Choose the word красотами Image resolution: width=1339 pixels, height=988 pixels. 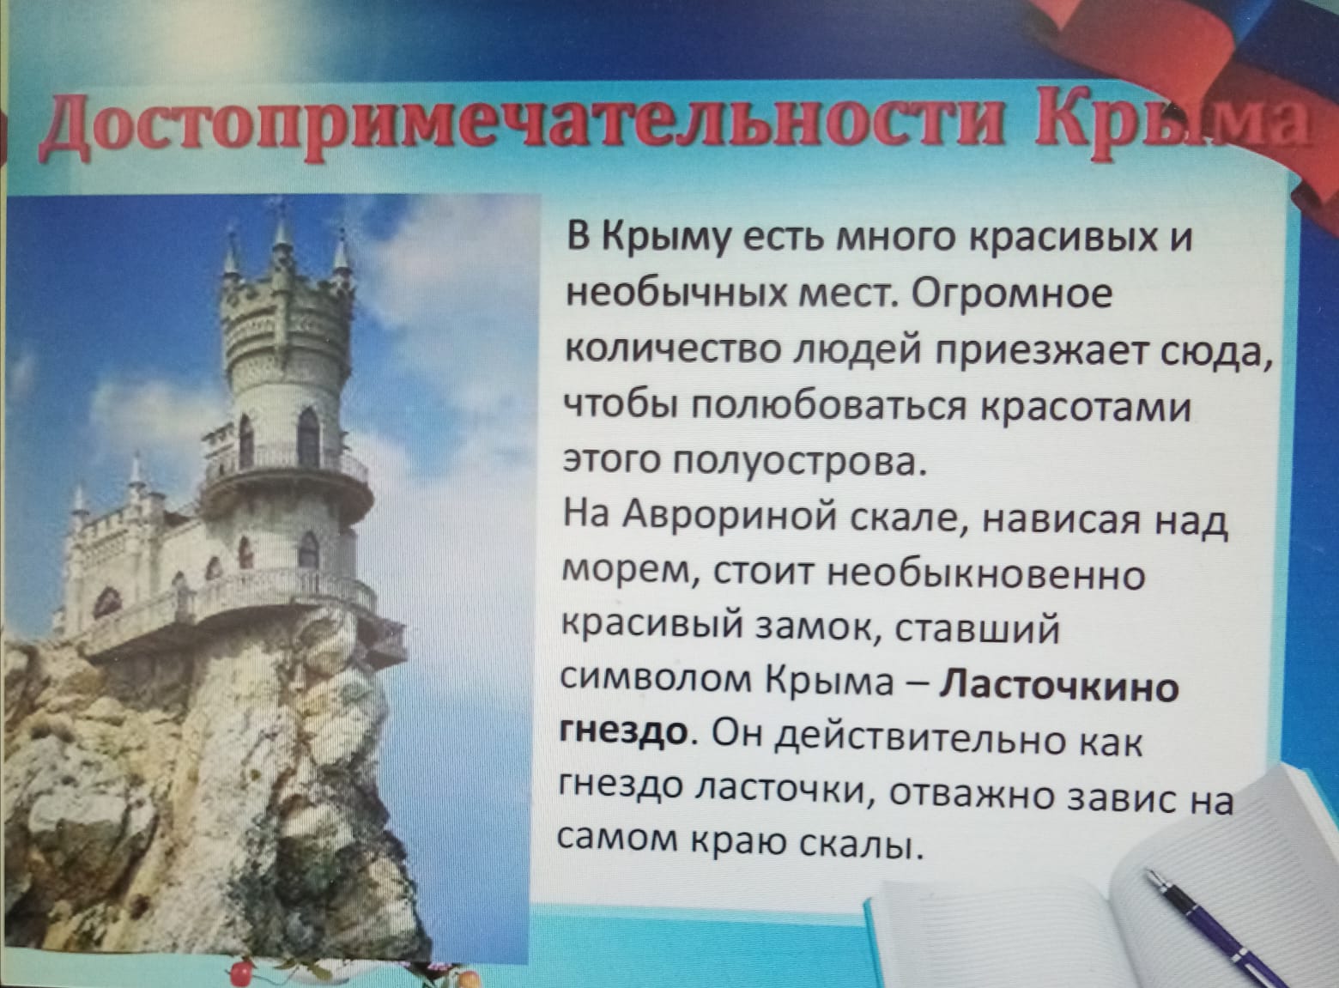[x=1085, y=409]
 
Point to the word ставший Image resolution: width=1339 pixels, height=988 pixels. [x=977, y=631]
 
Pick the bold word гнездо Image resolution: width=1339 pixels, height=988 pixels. [x=624, y=732]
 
